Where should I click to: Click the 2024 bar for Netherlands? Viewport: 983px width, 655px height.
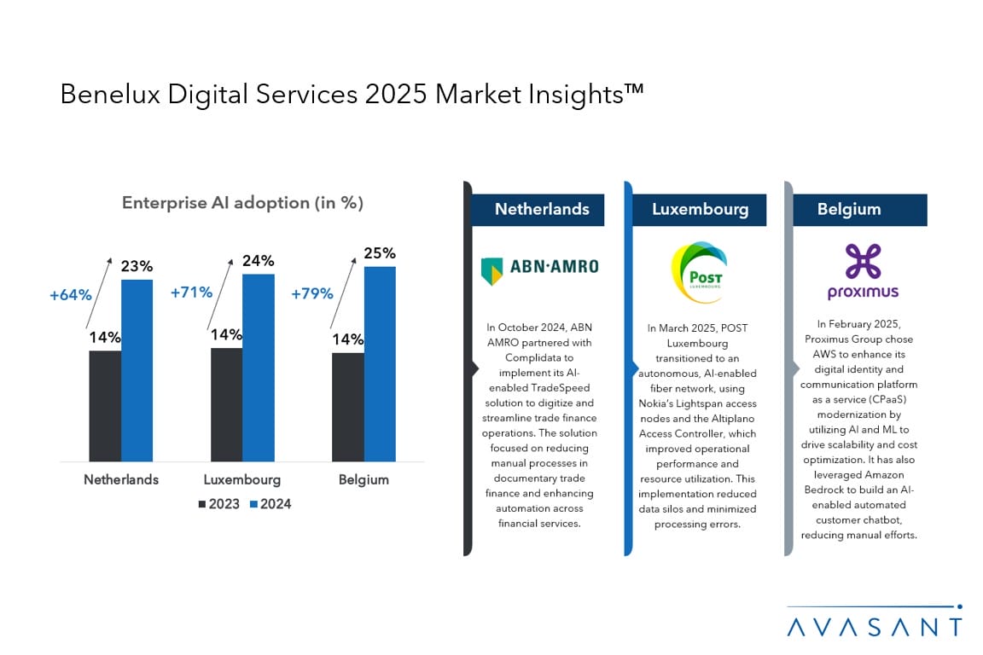click(137, 370)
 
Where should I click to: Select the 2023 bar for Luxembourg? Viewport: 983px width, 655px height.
click(226, 404)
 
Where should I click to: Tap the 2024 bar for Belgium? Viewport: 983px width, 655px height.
click(380, 363)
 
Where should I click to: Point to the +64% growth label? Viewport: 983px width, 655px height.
click(70, 295)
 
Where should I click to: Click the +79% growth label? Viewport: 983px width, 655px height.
click(311, 293)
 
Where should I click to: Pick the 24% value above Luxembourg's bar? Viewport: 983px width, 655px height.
click(258, 260)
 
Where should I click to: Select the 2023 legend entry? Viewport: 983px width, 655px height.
click(219, 504)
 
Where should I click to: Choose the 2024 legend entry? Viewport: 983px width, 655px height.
click(270, 504)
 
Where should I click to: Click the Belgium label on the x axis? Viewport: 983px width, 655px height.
click(364, 479)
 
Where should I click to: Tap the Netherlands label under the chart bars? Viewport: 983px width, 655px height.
click(121, 479)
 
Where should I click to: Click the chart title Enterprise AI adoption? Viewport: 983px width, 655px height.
click(242, 203)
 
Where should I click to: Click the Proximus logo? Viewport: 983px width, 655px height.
click(863, 272)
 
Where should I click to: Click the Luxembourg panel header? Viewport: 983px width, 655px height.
click(700, 210)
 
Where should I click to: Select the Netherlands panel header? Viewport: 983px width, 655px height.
click(542, 210)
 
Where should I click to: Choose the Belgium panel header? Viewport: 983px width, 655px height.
click(849, 210)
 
